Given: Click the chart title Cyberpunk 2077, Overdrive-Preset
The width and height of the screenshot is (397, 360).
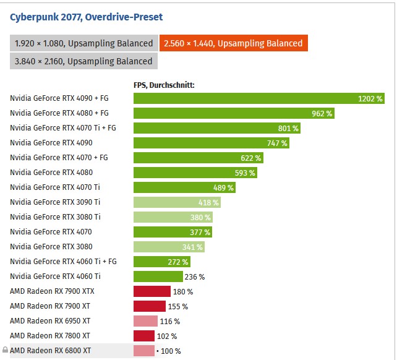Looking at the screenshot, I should coord(87,17).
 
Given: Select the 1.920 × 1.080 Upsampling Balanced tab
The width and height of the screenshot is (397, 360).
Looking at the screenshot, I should coord(83,43).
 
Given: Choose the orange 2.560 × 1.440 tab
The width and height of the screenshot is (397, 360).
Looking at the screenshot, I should coord(233,43).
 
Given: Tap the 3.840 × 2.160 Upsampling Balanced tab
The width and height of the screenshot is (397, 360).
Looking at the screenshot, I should coord(83,61).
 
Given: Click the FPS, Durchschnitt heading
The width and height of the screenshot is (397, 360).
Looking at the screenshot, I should coord(164,85).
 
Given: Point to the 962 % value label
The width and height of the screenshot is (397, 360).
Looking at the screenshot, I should coord(322,113).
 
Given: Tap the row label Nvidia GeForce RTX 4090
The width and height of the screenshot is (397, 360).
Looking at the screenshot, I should coord(51,143).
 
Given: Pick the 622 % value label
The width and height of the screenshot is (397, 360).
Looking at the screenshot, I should coord(251,158).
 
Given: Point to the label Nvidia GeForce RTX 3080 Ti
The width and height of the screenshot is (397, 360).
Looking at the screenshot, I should coord(55,217).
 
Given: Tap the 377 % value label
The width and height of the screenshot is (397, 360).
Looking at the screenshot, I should coord(200,232).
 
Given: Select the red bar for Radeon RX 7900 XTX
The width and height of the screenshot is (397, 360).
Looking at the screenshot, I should coord(152,291).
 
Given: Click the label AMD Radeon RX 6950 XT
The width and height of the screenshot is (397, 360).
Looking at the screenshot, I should coord(50,321).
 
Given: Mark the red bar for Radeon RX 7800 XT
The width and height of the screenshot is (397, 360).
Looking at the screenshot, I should coord(143,336).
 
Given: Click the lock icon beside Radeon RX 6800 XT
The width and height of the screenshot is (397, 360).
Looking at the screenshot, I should coord(5,350).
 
